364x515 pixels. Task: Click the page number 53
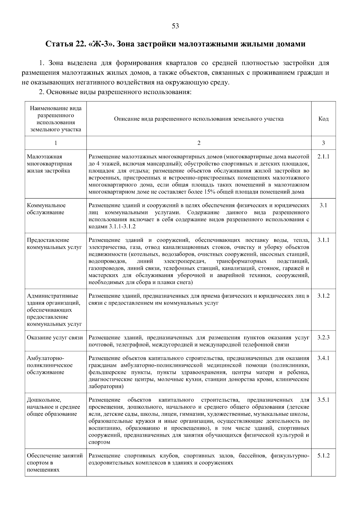coord(175,26)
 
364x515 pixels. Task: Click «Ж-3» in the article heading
coord(100,44)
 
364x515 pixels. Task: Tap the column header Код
coord(323,119)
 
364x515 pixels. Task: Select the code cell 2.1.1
coord(323,157)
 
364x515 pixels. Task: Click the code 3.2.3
coord(323,338)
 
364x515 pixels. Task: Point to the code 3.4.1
coord(323,358)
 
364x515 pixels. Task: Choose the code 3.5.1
coord(323,400)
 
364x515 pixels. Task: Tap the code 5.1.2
coord(323,456)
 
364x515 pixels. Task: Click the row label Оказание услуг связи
coord(55,338)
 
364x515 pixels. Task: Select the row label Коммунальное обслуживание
coord(46,209)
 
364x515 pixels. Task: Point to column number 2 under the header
coord(199,143)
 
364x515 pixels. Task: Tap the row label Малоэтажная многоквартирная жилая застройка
coord(49,164)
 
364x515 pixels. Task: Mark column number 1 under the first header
coord(56,143)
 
